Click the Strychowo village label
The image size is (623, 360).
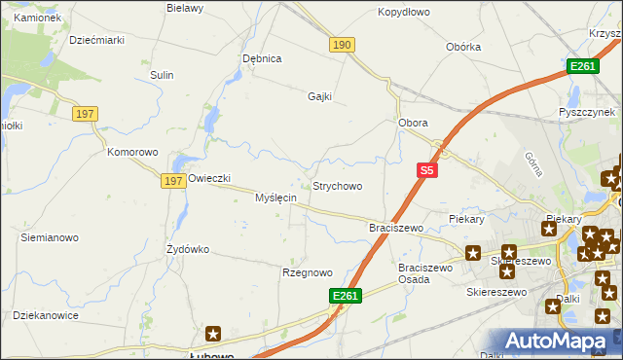(337, 186)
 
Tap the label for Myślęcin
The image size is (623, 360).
(275, 198)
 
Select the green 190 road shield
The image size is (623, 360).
(342, 46)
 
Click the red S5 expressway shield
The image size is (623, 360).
(426, 170)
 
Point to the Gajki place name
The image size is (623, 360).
(320, 96)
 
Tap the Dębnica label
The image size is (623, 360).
(262, 58)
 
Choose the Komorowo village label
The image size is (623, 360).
(132, 153)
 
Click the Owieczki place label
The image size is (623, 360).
(209, 178)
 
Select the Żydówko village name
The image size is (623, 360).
(188, 249)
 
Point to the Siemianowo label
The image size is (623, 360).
(50, 237)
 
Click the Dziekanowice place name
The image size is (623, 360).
(45, 315)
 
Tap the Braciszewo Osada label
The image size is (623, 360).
(426, 273)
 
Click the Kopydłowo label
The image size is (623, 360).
(404, 12)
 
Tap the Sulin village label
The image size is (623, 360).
(162, 75)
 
